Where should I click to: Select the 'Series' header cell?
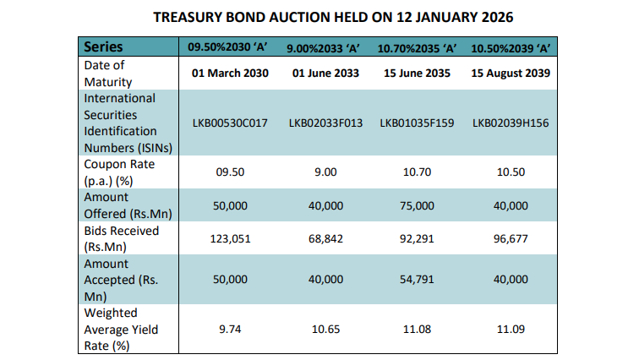103,47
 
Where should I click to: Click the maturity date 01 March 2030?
230,74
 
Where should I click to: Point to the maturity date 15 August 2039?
511,74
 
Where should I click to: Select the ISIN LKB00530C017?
230,123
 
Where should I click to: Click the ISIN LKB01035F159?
417,123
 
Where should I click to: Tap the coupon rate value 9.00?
325,172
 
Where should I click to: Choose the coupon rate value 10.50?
511,172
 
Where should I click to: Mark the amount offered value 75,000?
417,205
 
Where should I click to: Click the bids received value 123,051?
230,239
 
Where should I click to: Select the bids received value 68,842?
325,239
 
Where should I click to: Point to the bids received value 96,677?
511,239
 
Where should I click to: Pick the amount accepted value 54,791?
417,278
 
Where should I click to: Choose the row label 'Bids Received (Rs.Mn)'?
121,239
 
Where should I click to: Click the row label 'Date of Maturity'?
108,74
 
